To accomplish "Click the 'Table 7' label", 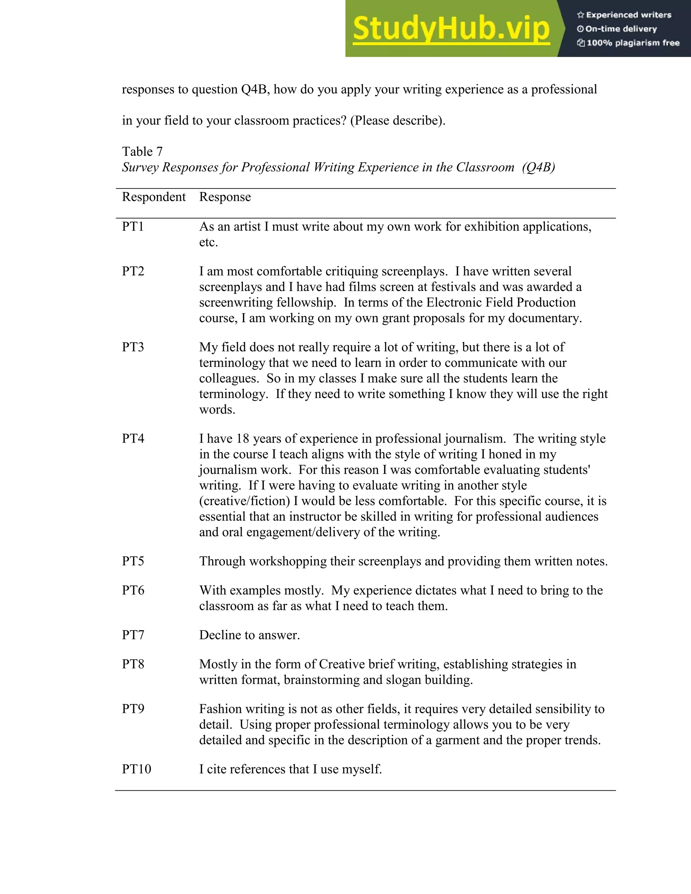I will pos(142,152).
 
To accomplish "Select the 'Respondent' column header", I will pos(154,197).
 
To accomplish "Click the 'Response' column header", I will pos(225,197).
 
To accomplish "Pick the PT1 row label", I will pos(133,227).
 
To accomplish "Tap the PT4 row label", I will pos(133,439).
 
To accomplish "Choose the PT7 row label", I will pos(133,635).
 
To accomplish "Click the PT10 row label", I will pos(136,769).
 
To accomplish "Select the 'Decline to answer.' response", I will pos(249,635).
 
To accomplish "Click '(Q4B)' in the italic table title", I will pos(538,167).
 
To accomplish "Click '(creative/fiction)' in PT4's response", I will pos(244,501).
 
